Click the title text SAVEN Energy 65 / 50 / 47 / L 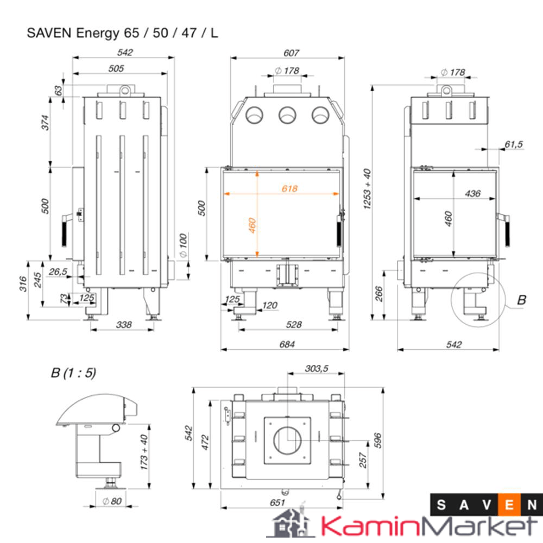tap(123, 33)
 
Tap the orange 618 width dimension tap(289, 188)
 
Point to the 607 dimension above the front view tap(291, 53)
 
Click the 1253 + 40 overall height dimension tap(368, 189)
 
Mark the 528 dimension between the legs tap(293, 325)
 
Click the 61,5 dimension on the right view tap(513, 144)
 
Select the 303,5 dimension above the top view tap(316, 369)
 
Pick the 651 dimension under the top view tap(277, 503)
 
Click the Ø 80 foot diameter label tap(112, 501)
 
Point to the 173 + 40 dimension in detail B tap(144, 452)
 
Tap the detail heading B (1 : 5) tap(73, 373)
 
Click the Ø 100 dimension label tap(182, 245)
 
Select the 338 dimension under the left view tap(124, 325)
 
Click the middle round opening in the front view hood tap(287, 115)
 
